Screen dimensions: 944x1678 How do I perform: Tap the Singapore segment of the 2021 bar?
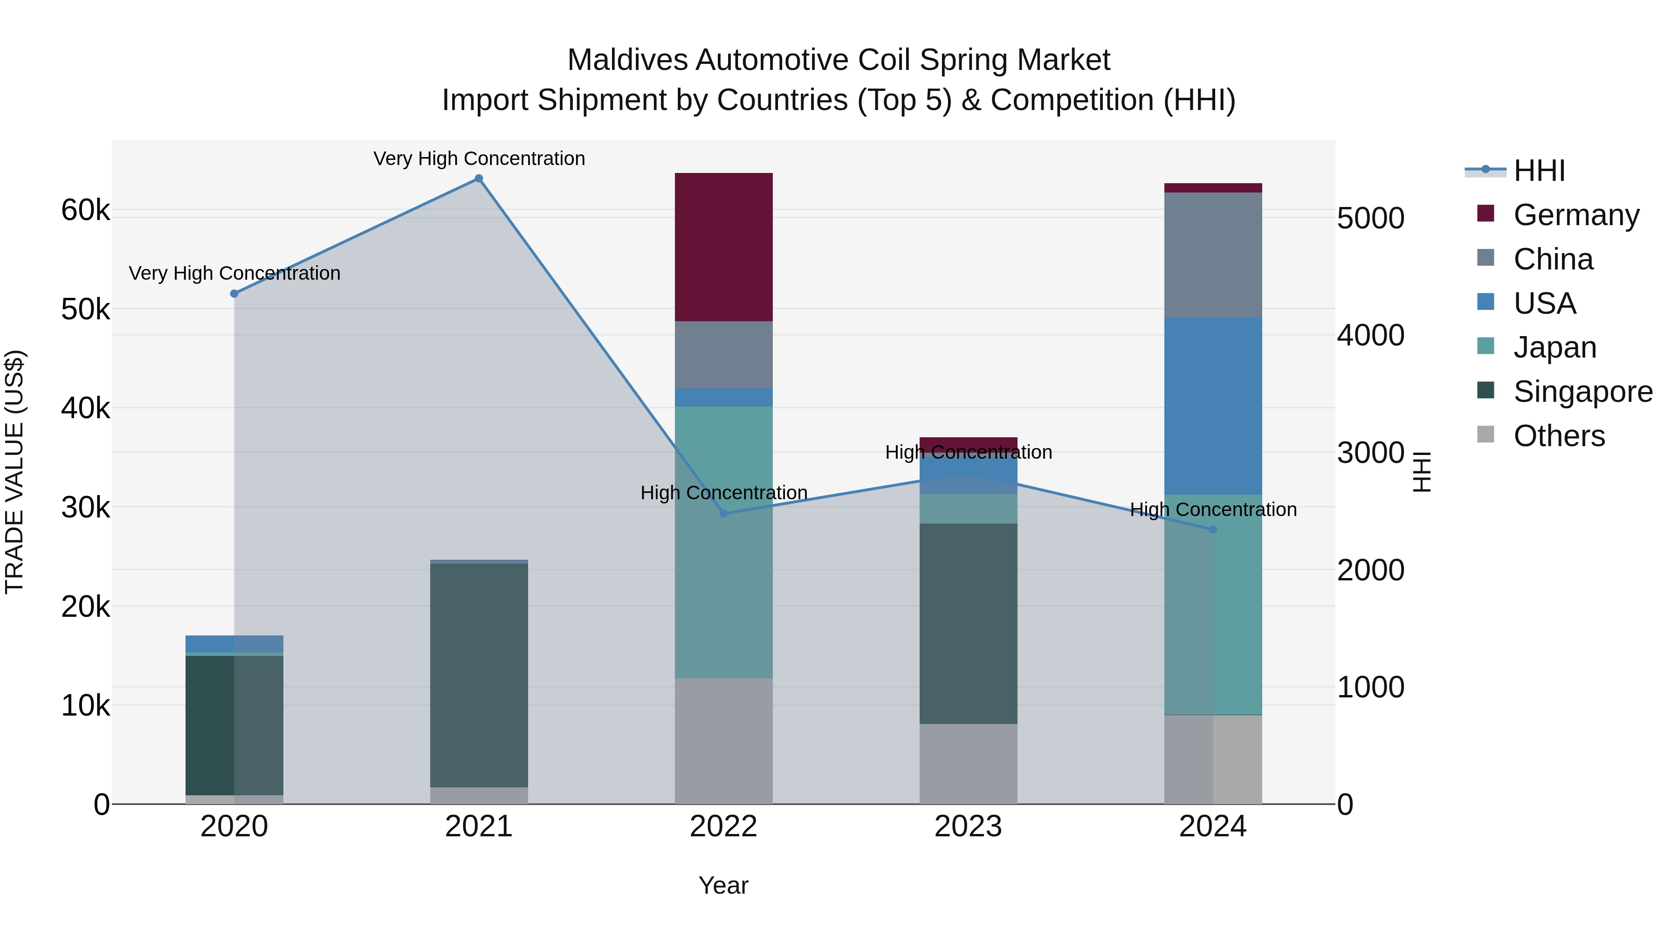pos(479,675)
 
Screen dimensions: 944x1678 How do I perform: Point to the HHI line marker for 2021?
pos(479,179)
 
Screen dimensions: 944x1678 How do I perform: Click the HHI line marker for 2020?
pos(234,294)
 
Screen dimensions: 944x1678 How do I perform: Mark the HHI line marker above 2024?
pos(1212,530)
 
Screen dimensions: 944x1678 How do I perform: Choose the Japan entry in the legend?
pos(1554,347)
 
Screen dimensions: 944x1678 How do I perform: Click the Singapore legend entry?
pos(1582,392)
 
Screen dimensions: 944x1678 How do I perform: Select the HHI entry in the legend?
pos(1539,171)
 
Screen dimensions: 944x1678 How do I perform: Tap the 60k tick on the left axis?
pos(85,210)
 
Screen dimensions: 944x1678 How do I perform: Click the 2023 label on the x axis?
pos(968,827)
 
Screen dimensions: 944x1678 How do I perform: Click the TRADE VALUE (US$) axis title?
pos(15,472)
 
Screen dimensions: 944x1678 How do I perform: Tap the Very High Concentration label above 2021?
pos(479,158)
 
